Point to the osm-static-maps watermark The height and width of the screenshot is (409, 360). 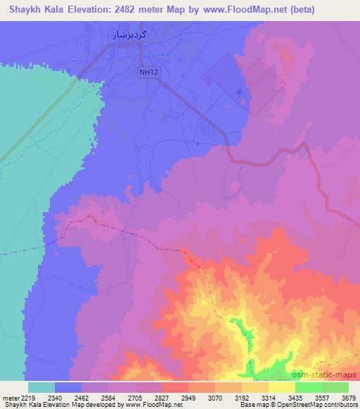click(x=326, y=374)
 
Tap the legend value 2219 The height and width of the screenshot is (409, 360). click(x=30, y=397)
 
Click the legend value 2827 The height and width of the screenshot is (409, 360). click(x=167, y=397)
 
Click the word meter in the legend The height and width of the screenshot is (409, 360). click(x=11, y=397)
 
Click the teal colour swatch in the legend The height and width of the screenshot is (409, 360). click(x=41, y=387)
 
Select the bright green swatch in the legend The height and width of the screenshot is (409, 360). click(x=308, y=387)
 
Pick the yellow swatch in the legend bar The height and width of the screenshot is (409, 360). click(x=281, y=387)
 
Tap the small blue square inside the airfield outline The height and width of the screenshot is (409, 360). click(x=240, y=91)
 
